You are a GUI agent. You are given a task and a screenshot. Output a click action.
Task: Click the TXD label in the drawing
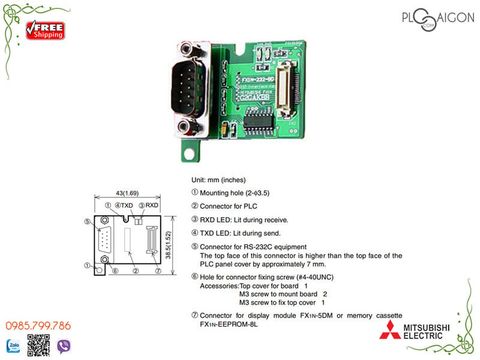click(127, 204)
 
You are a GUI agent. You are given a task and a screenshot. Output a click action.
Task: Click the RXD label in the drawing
click(151, 204)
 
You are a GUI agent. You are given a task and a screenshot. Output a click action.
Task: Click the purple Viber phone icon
click(67, 346)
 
